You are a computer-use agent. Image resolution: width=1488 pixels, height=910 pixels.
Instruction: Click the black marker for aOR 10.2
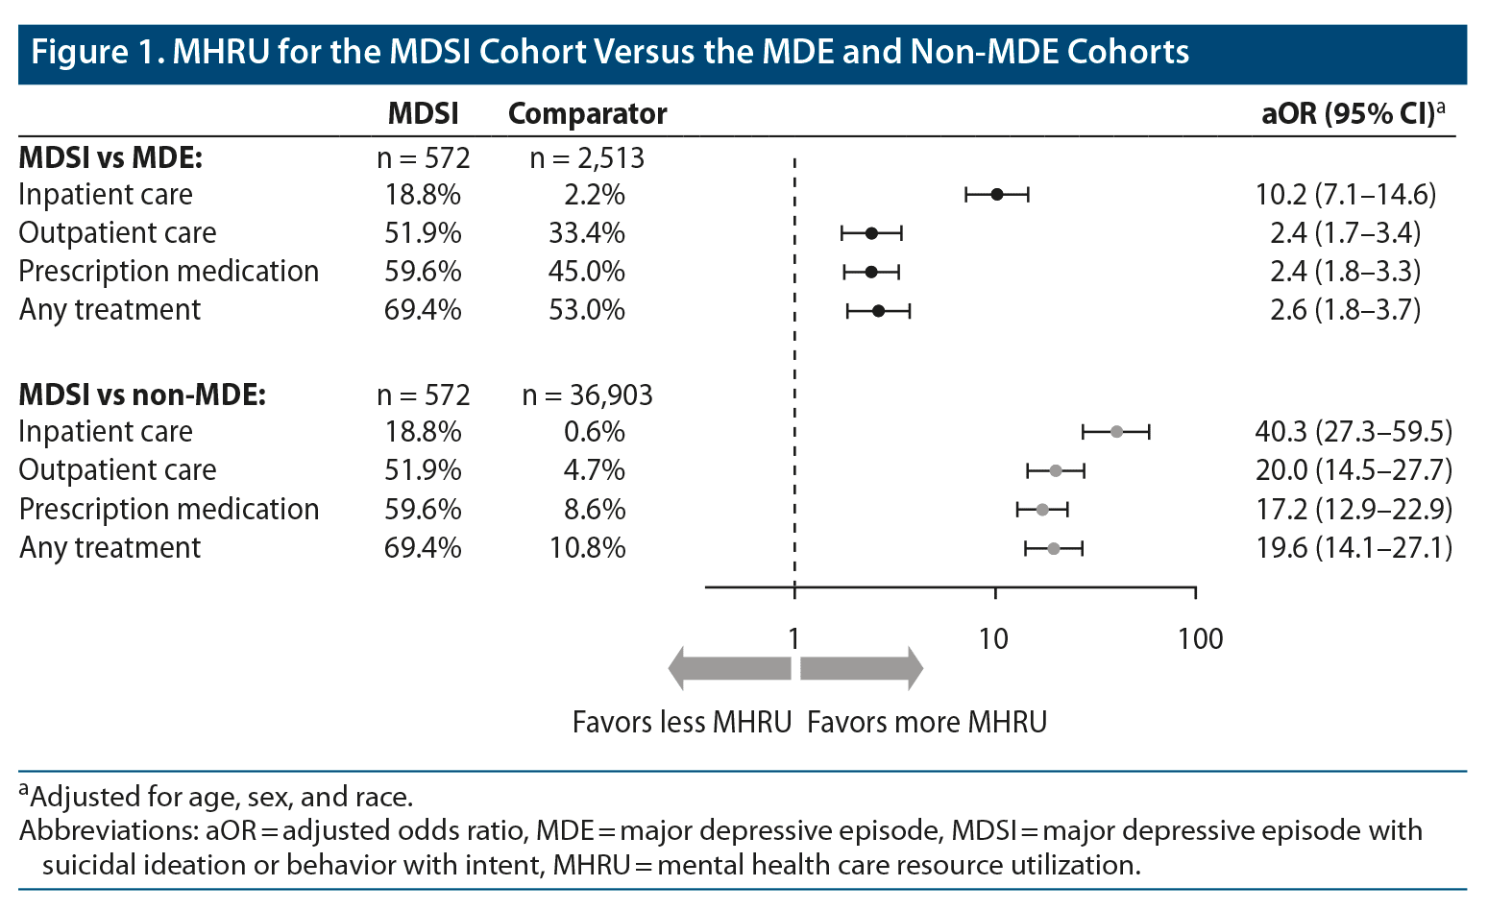tap(997, 195)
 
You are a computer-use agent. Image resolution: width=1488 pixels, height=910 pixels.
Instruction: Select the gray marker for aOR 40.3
tap(1116, 432)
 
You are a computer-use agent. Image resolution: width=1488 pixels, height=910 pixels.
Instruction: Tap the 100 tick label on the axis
tap(1201, 639)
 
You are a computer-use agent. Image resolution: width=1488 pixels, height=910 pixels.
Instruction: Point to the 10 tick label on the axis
tap(994, 639)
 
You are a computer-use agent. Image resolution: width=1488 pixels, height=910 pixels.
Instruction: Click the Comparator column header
tap(587, 114)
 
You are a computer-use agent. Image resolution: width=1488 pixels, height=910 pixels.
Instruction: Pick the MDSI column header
tap(423, 114)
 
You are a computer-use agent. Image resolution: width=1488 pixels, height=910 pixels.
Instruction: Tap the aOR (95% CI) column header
tap(1353, 114)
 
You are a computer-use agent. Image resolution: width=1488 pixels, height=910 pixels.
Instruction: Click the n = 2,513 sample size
tap(587, 158)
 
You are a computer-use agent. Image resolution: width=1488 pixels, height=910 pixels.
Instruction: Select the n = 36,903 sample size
tap(587, 395)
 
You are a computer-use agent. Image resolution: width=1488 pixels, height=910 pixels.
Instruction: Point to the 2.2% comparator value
tap(595, 195)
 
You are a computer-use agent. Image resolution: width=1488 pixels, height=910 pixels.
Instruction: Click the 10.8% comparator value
tap(587, 548)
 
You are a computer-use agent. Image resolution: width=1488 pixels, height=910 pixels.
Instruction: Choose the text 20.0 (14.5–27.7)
tap(1354, 470)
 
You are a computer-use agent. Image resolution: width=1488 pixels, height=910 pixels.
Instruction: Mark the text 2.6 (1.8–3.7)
tap(1345, 310)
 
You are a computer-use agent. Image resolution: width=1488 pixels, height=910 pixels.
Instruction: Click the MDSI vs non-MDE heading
tap(142, 395)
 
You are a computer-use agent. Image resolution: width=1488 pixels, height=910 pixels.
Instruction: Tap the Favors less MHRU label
tap(682, 722)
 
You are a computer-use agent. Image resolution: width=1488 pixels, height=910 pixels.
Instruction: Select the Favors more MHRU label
tap(927, 722)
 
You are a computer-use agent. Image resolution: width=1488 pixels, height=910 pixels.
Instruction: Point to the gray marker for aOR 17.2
tap(1042, 510)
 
